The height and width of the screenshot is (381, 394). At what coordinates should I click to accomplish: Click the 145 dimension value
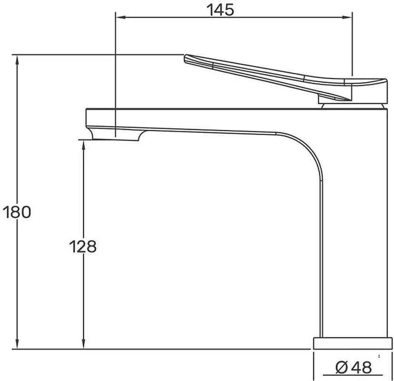tap(220, 10)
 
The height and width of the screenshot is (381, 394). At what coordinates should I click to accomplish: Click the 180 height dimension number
tap(17, 212)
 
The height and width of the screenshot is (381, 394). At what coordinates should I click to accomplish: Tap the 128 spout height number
tap(83, 247)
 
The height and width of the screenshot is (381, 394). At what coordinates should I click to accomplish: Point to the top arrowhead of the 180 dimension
tap(17, 60)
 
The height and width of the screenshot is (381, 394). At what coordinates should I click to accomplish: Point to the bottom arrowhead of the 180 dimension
tap(17, 343)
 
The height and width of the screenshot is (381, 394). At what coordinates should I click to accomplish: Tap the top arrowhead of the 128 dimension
tap(84, 146)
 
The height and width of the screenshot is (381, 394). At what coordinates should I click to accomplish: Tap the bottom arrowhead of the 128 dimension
tap(84, 343)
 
